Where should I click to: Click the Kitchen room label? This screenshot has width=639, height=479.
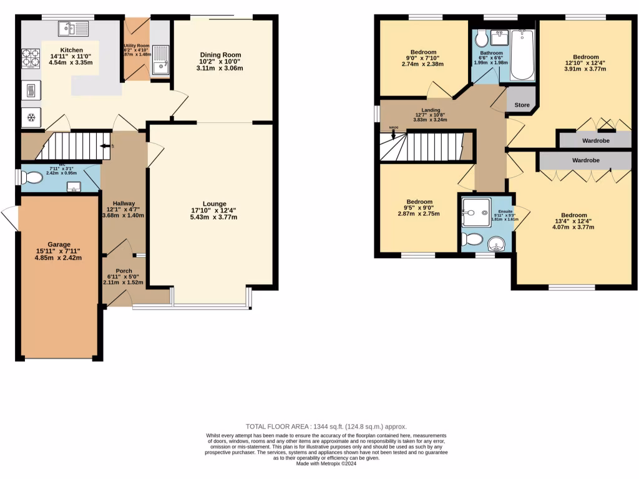pos(71,50)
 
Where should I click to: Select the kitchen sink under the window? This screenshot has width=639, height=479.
pos(74,27)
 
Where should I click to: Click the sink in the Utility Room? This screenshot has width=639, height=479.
pos(160,59)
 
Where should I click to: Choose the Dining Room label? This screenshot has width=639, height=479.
pos(220,55)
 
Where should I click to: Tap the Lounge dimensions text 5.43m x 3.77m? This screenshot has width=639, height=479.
pos(214,217)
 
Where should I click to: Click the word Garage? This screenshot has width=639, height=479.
pos(59,244)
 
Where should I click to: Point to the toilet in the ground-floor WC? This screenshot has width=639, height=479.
pos(32,178)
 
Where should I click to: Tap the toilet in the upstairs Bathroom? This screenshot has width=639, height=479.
pos(482,39)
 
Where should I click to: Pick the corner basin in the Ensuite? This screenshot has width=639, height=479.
pos(497,243)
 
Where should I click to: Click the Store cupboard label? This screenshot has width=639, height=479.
pos(522,105)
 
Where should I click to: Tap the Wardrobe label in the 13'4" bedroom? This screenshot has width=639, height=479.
pos(586,160)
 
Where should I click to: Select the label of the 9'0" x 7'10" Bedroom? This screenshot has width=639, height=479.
pos(423,52)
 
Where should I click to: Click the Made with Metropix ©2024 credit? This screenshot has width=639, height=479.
pos(328,464)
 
